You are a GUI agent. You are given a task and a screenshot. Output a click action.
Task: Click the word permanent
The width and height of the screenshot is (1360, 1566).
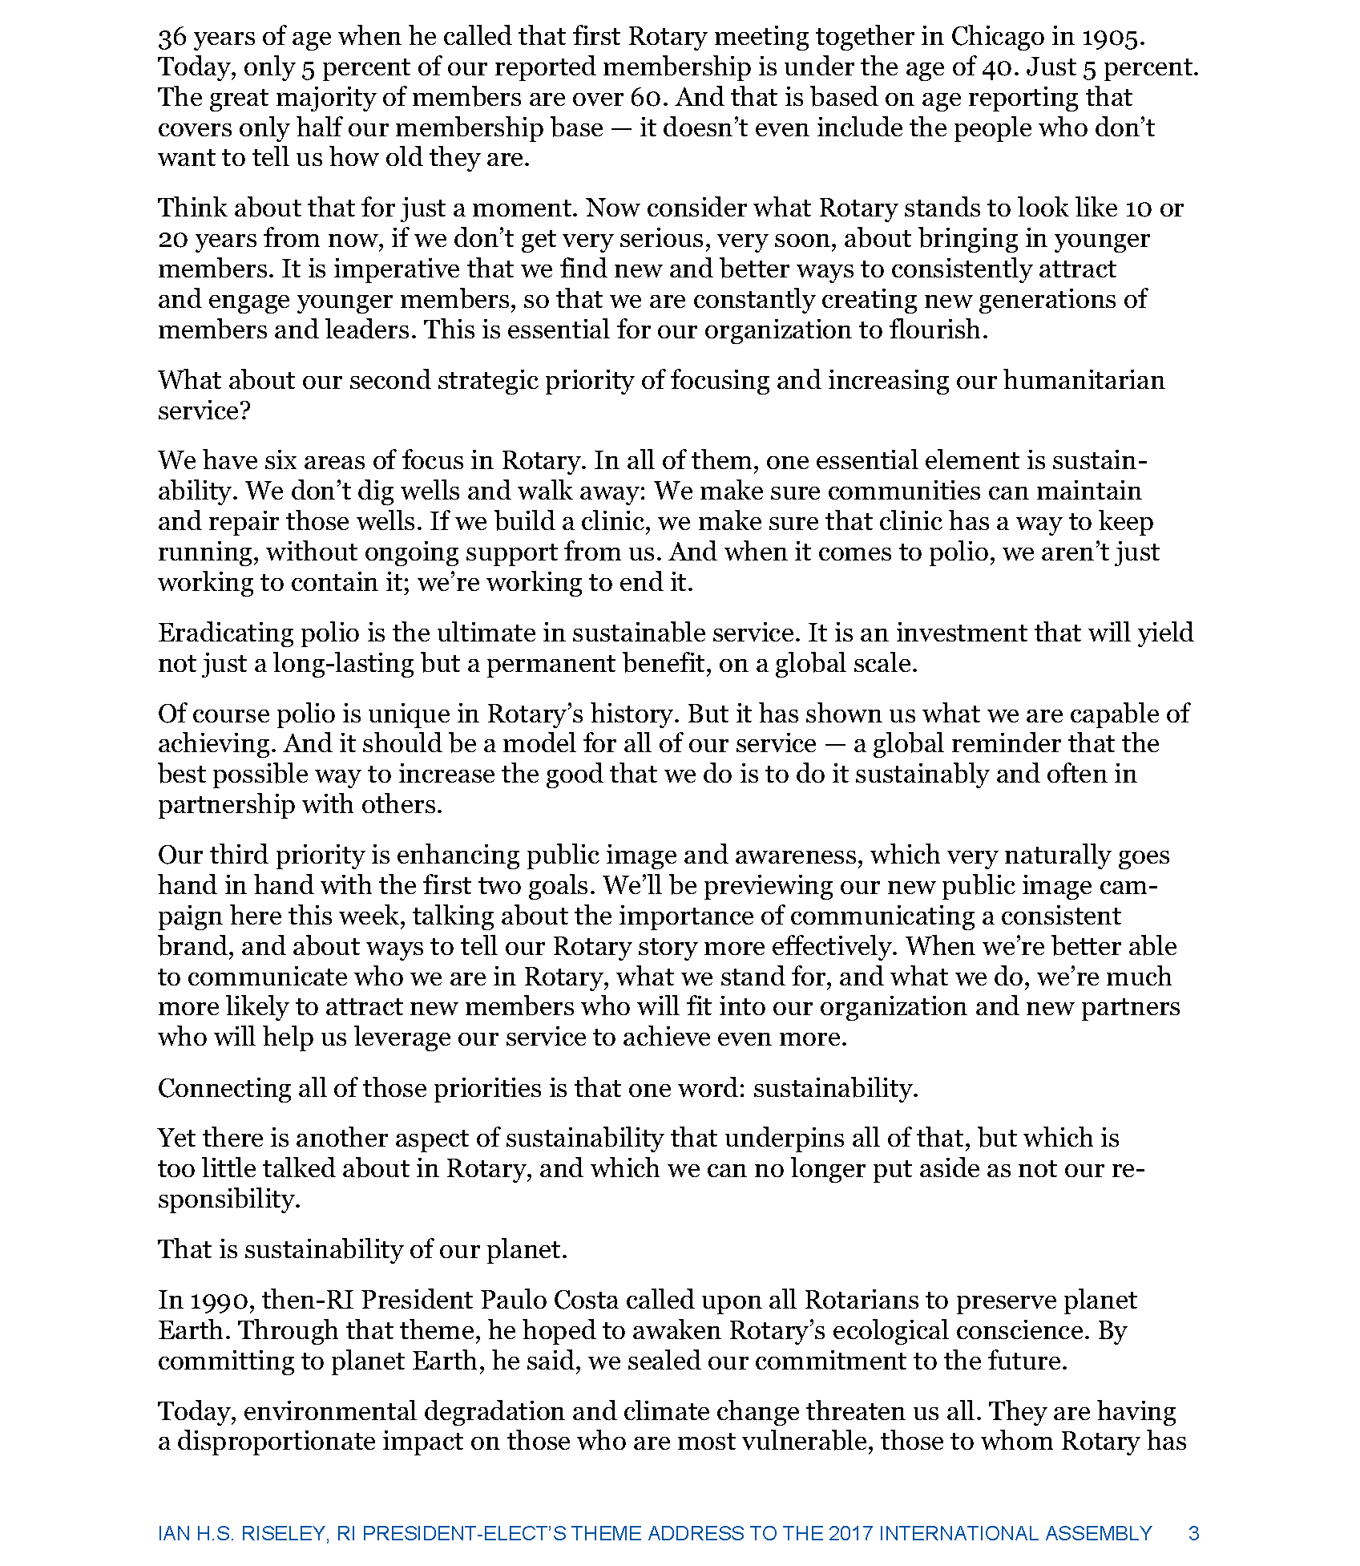[562, 663]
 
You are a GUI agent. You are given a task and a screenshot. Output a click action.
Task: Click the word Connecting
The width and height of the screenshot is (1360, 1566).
[224, 1088]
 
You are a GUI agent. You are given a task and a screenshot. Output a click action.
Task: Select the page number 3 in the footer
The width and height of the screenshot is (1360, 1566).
[1193, 1533]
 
